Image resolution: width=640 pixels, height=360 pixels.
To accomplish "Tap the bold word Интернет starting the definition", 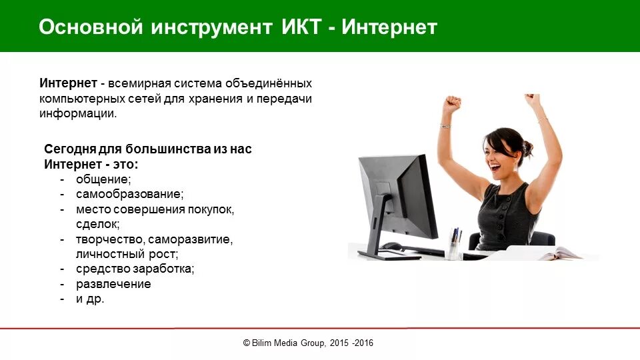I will (x=69, y=83).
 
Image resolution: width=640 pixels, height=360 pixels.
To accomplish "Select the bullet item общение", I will (x=103, y=179).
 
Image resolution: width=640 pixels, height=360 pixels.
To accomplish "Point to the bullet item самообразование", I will (x=129, y=195).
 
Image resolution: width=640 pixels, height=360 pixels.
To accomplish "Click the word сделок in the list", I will (x=98, y=225).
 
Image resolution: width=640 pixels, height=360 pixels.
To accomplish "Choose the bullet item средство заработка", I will (x=135, y=269).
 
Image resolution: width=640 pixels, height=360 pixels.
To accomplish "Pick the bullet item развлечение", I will (x=113, y=284).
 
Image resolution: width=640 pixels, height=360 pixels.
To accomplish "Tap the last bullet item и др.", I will (x=90, y=299).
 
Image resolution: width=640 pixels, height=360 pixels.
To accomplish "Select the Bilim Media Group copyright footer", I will (x=308, y=343).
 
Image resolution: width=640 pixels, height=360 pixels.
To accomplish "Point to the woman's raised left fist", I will (x=453, y=103).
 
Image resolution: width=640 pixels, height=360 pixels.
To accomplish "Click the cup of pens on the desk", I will (x=455, y=245).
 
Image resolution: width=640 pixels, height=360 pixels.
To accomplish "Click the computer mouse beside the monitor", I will (x=391, y=246).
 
